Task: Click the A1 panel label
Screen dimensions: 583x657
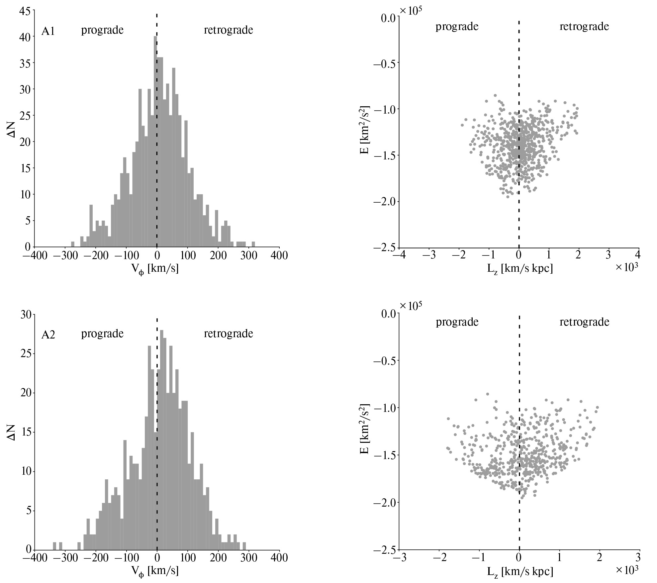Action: point(48,32)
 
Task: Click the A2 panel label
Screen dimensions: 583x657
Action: point(48,335)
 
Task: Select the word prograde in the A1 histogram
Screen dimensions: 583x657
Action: point(102,30)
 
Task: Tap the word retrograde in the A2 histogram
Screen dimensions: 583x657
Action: point(228,334)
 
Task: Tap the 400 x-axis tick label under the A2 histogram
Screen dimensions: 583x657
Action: point(279,558)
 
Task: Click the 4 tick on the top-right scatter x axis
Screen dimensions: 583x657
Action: point(639,255)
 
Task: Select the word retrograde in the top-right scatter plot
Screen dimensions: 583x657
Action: point(584,26)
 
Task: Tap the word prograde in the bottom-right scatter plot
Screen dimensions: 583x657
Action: point(457,322)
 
